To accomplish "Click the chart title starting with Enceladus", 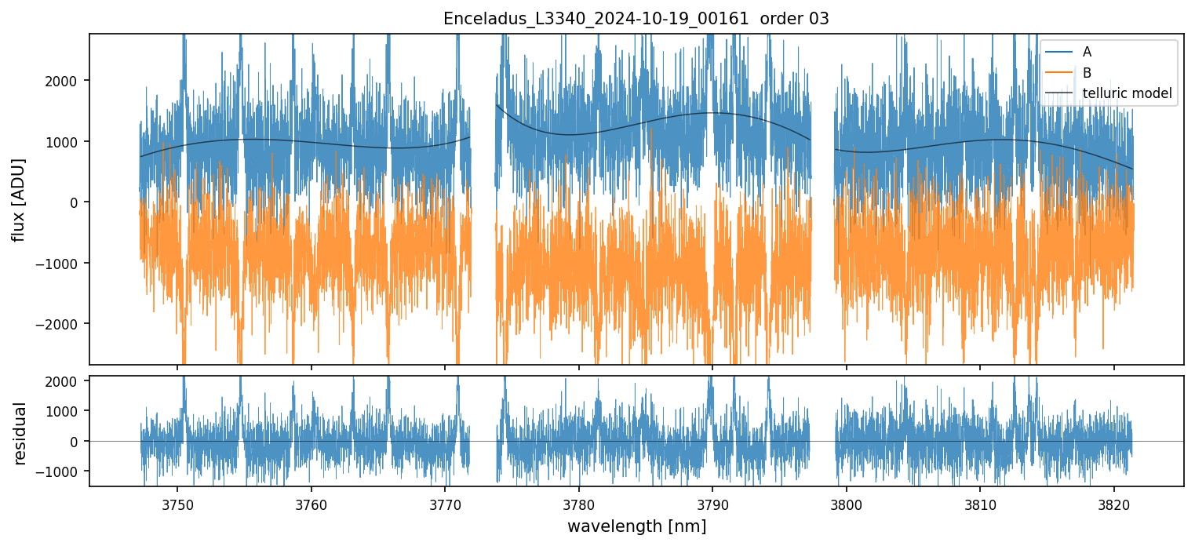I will [x=636, y=19].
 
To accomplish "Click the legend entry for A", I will [x=1087, y=52].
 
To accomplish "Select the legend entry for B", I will [x=1087, y=73].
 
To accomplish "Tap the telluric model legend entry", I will [x=1127, y=93].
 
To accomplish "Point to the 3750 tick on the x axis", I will [x=177, y=503].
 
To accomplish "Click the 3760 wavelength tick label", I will [x=312, y=503].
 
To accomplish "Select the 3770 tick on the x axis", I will [x=445, y=503].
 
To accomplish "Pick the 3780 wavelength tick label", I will [x=579, y=503].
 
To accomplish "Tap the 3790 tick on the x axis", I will [x=712, y=503].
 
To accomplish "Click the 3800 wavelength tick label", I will [x=847, y=503].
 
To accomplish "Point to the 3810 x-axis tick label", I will [x=980, y=503].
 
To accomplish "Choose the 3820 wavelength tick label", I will [x=1114, y=503].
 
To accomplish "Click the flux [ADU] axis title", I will [x=18, y=199].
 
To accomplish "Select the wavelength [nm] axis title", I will [x=636, y=526].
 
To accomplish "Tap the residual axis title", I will [x=20, y=432].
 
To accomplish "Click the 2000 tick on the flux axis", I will [x=67, y=81].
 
